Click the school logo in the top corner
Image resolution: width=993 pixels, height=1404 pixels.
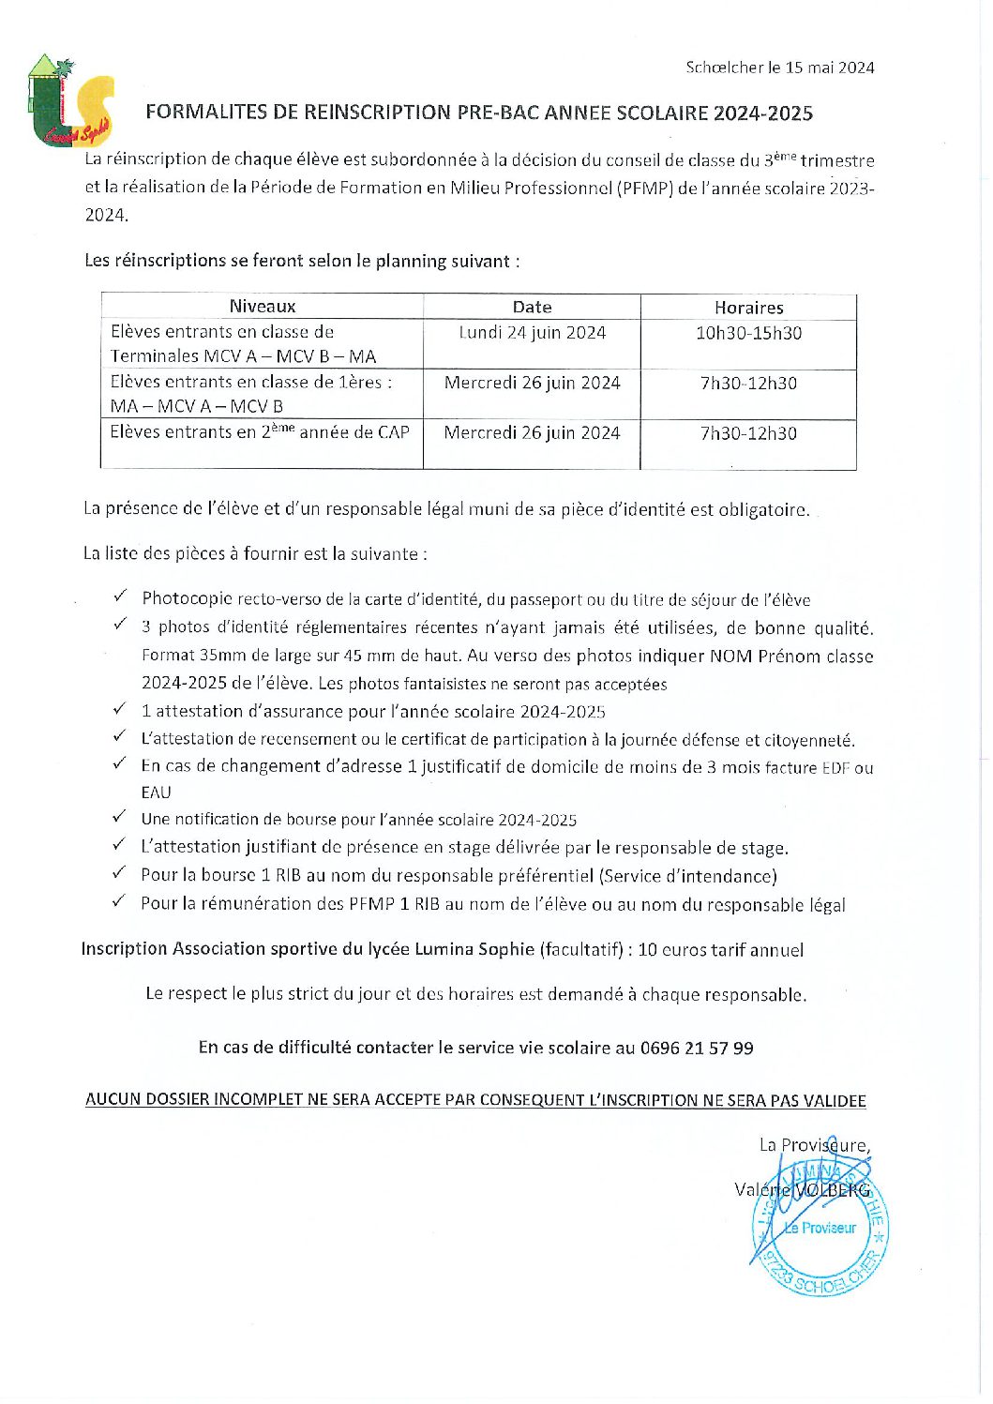pyautogui.click(x=69, y=101)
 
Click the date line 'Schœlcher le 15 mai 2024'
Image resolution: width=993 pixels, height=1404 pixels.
pyautogui.click(x=779, y=68)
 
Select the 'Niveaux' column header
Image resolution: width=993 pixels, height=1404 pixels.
pyautogui.click(x=262, y=307)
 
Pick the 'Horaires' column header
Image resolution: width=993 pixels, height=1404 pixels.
pyautogui.click(x=748, y=308)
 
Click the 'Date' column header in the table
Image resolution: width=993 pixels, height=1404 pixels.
pyautogui.click(x=532, y=308)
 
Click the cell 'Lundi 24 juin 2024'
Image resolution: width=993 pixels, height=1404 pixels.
pyautogui.click(x=532, y=333)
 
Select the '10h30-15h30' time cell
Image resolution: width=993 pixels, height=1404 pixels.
pyautogui.click(x=748, y=333)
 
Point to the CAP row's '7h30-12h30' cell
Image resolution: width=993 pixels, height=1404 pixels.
pyautogui.click(x=748, y=433)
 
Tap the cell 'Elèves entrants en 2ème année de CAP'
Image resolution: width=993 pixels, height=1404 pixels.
pyautogui.click(x=260, y=432)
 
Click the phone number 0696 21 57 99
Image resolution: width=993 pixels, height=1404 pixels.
pyautogui.click(x=697, y=1048)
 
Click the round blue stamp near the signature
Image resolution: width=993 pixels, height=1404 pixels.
pyautogui.click(x=820, y=1229)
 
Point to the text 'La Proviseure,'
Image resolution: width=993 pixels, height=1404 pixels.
pyautogui.click(x=814, y=1145)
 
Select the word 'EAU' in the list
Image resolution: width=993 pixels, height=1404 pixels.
pyautogui.click(x=156, y=793)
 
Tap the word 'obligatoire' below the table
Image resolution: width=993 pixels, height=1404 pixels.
pyautogui.click(x=762, y=510)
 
